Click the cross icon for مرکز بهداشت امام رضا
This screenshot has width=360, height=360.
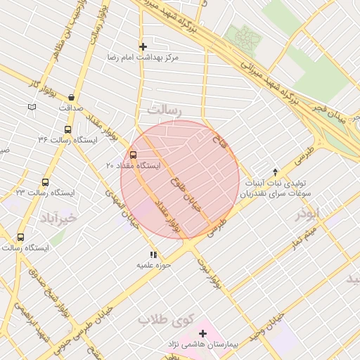(x=143, y=46)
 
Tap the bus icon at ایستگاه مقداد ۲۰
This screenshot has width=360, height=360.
(x=133, y=155)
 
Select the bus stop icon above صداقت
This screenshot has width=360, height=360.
(x=71, y=98)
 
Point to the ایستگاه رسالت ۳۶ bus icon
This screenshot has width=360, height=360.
(x=67, y=129)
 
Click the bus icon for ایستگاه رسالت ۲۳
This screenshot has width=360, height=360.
(x=46, y=182)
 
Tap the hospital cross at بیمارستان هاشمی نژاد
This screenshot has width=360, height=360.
(x=202, y=333)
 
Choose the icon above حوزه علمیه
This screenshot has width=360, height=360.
(x=153, y=255)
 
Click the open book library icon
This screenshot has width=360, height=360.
(x=32, y=107)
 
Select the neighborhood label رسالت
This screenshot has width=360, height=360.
(x=164, y=111)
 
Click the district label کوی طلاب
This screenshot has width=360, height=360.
(x=165, y=320)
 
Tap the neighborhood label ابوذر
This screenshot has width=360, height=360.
(x=307, y=213)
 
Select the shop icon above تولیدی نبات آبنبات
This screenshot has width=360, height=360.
(x=275, y=172)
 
